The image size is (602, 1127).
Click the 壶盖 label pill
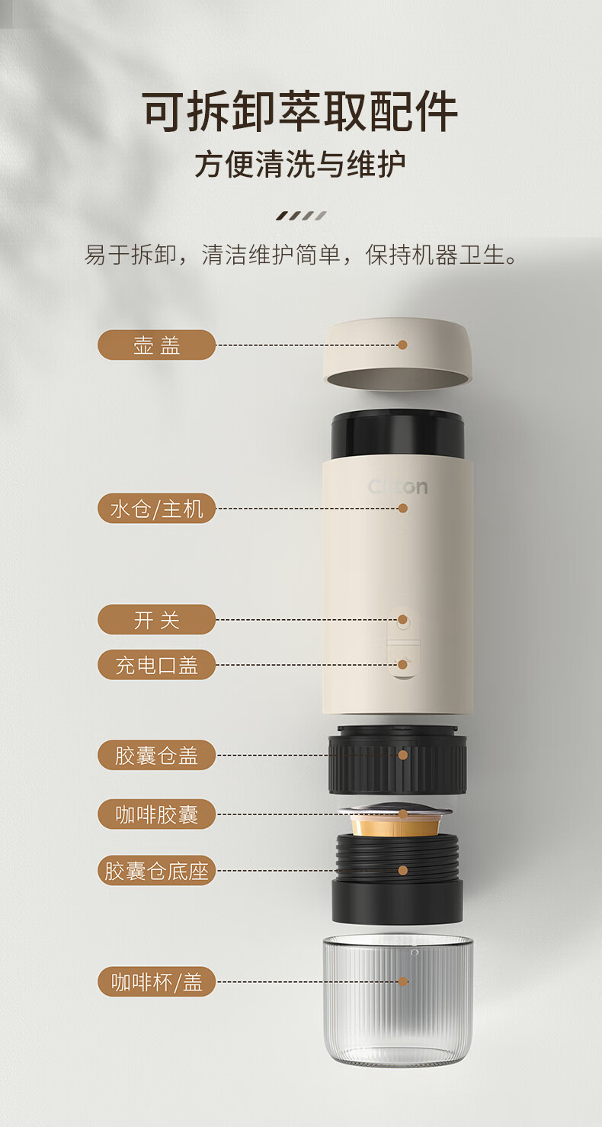(156, 345)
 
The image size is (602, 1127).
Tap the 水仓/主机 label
(156, 508)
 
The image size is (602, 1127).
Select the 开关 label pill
(156, 619)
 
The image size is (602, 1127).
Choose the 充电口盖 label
(156, 665)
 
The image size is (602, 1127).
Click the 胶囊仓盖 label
(156, 755)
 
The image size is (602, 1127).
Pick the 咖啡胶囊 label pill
(156, 814)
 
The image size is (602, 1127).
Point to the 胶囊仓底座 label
(156, 870)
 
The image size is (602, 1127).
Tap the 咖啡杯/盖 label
(156, 981)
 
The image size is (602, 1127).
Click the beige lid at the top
(397, 354)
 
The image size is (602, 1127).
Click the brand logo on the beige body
(398, 486)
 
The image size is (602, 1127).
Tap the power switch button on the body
(402, 621)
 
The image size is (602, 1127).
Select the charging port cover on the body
(403, 662)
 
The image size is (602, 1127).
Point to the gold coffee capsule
(395, 820)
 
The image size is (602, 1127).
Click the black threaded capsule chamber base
(397, 878)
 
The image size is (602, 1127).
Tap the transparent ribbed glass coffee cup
(397, 999)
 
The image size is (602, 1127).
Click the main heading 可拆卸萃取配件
(300, 111)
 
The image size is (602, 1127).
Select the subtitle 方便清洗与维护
(300, 164)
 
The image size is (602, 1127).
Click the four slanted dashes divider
(301, 216)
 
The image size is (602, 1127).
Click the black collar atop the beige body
(397, 435)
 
